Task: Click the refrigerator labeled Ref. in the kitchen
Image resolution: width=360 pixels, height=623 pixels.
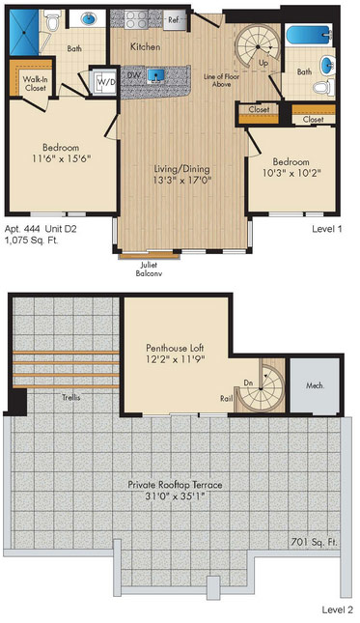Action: coord(175,20)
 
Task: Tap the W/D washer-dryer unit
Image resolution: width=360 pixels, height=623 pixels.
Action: coord(106,82)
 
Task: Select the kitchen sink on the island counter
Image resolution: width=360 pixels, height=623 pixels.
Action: coord(155,75)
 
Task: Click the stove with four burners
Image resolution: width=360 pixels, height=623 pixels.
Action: coord(136,19)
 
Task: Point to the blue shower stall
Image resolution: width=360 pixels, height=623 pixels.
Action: coord(24,32)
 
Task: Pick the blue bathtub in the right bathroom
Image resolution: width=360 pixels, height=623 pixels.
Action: coord(309,35)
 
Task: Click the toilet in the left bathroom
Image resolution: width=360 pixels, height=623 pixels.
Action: coord(51,20)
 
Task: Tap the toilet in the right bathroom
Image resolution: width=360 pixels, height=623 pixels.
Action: coord(323,88)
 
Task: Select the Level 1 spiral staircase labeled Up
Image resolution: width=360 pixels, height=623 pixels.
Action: coord(257,46)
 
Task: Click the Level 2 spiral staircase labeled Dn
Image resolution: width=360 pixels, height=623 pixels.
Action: coord(261,388)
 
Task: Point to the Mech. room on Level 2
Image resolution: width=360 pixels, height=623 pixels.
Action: coord(315,385)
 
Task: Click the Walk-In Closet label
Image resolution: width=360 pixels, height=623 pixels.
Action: coord(35,83)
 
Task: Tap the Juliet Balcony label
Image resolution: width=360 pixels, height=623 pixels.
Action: coord(149,269)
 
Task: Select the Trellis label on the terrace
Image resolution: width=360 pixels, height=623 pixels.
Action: coord(71,397)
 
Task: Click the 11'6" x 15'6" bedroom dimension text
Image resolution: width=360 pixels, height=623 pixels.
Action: coord(62,159)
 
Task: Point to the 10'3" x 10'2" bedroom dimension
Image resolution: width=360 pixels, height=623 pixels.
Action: coord(291,173)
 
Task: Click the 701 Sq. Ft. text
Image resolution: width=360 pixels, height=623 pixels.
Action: coord(314,542)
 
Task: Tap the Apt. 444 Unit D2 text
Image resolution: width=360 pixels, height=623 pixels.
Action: coord(41,229)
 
